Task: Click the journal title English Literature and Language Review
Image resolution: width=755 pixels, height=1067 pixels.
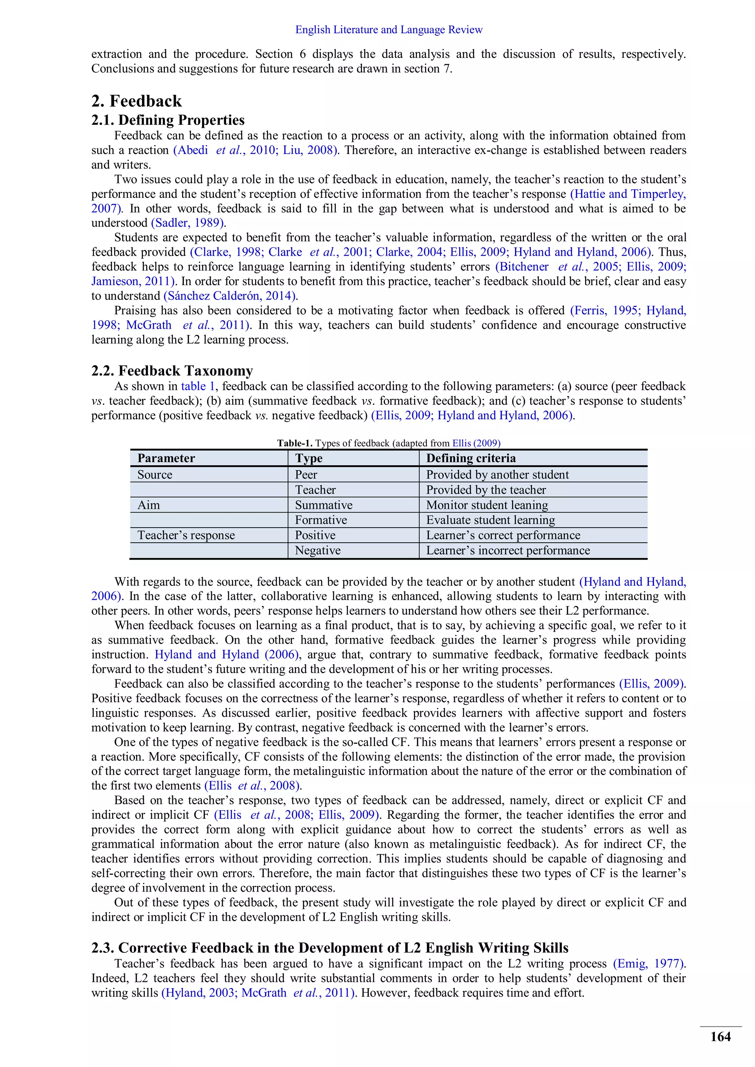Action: (389, 30)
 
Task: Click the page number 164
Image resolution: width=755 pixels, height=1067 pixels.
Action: (720, 1037)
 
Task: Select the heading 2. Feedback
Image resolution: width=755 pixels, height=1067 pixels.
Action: (137, 101)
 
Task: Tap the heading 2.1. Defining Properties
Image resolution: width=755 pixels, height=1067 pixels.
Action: (168, 120)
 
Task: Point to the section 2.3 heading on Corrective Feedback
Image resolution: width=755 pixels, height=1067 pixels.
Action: (330, 948)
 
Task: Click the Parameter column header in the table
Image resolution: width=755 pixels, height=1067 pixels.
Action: (166, 458)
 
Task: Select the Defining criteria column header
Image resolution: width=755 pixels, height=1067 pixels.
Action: (471, 458)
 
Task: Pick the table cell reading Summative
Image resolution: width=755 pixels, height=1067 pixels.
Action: (324, 505)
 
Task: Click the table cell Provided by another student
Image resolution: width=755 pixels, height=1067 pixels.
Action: (497, 475)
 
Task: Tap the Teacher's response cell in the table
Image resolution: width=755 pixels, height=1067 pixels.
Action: (186, 535)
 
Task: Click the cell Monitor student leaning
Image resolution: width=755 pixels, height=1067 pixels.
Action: (487, 505)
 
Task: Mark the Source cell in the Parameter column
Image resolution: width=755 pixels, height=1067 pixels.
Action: (155, 475)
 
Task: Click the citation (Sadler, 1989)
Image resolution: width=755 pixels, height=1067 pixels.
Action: (188, 223)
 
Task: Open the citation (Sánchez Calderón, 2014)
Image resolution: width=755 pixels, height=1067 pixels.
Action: (230, 295)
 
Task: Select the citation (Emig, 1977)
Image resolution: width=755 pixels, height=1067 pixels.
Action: (649, 963)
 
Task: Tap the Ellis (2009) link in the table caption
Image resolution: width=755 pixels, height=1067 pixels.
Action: (476, 443)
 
